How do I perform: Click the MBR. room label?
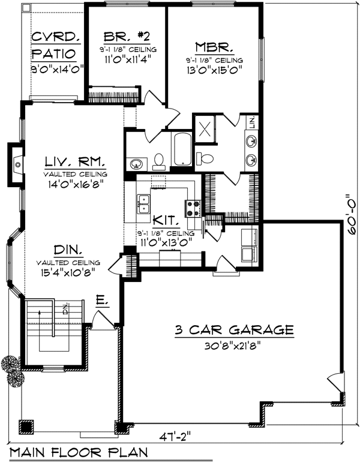[x=214, y=47]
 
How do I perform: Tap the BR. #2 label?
[x=127, y=37]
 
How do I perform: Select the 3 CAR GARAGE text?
[x=234, y=330]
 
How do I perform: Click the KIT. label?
[x=166, y=220]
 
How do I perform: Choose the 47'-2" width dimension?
[x=175, y=436]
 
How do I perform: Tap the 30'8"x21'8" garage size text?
[x=233, y=346]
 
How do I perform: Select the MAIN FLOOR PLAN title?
[x=79, y=452]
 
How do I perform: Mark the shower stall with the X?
[x=205, y=128]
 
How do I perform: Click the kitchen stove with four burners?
[x=193, y=209]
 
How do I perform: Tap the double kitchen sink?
[x=143, y=204]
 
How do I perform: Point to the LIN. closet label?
[x=252, y=122]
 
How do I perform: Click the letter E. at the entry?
[x=102, y=300]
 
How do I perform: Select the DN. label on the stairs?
[x=65, y=308]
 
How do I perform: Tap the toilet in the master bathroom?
[x=205, y=159]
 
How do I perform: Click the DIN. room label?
[x=68, y=250]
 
